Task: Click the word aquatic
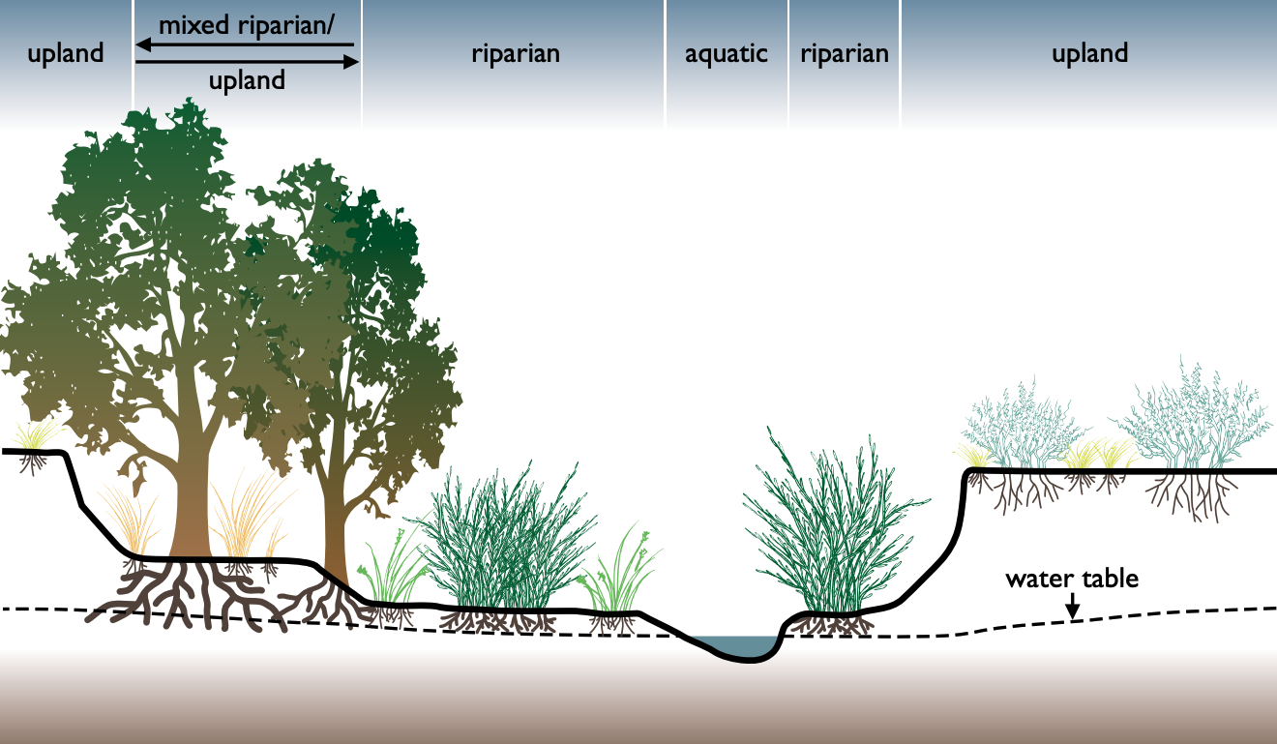click(726, 53)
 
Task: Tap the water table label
click(1072, 580)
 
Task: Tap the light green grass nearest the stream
click(619, 580)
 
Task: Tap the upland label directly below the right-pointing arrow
click(247, 81)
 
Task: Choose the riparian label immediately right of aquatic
click(844, 53)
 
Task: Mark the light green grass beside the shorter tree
click(392, 576)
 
